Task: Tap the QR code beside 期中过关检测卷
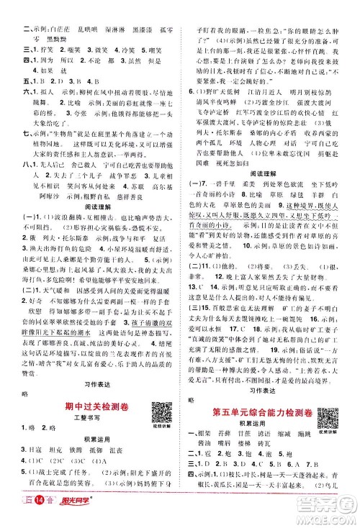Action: click(157, 402)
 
